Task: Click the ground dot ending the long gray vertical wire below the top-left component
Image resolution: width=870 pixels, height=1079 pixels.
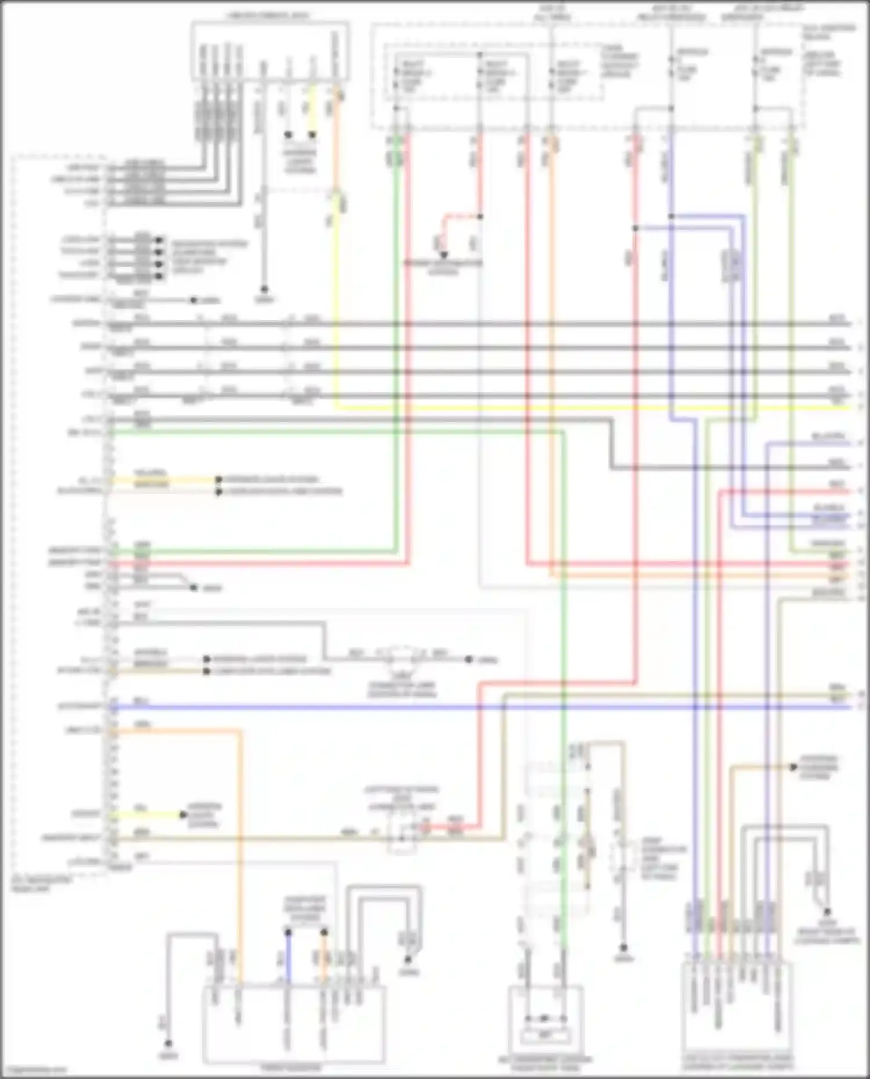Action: pos(264,288)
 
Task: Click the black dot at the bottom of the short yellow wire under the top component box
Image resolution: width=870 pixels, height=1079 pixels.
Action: pos(312,135)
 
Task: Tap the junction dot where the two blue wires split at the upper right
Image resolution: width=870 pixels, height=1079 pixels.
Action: pos(671,216)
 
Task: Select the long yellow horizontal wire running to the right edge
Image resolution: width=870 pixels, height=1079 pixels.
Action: pos(580,408)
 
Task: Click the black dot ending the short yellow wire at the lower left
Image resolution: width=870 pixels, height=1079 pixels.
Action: pos(182,815)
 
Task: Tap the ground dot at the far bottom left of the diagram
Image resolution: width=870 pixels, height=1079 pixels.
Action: pos(168,1044)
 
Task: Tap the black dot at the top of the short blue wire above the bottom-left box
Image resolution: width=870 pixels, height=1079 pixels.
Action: pos(288,932)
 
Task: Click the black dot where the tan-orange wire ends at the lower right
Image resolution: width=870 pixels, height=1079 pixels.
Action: pos(793,767)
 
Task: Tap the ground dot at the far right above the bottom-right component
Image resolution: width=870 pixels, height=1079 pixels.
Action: pos(828,912)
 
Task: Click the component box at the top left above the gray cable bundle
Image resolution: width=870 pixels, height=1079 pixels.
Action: pos(270,51)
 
